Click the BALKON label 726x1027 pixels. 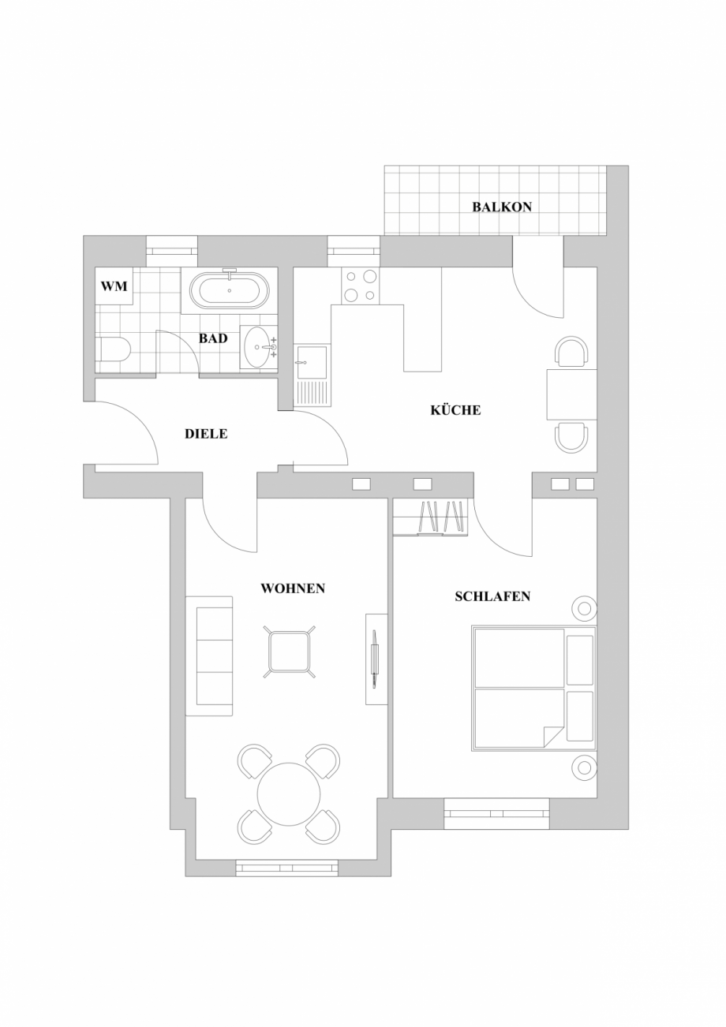(x=502, y=207)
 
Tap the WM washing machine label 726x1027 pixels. (x=114, y=286)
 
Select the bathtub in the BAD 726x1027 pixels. (x=229, y=290)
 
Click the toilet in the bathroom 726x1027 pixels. (x=112, y=349)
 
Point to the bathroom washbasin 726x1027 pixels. (x=257, y=347)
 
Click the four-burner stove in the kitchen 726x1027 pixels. (x=360, y=286)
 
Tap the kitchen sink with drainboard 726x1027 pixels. (x=312, y=375)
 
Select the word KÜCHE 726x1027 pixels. (x=455, y=410)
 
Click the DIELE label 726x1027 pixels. (x=206, y=434)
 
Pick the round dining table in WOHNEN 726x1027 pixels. (x=289, y=794)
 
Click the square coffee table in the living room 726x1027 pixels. (x=289, y=652)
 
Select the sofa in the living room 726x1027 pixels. (x=209, y=655)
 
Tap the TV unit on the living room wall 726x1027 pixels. (x=376, y=659)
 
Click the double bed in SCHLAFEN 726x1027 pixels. (x=533, y=688)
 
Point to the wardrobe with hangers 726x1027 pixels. (x=430, y=517)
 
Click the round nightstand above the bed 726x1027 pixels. (x=584, y=608)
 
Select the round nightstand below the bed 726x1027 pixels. (x=584, y=767)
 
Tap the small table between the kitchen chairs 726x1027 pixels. (x=571, y=394)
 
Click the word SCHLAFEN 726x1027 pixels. (x=492, y=597)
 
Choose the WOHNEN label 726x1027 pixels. (x=293, y=588)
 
